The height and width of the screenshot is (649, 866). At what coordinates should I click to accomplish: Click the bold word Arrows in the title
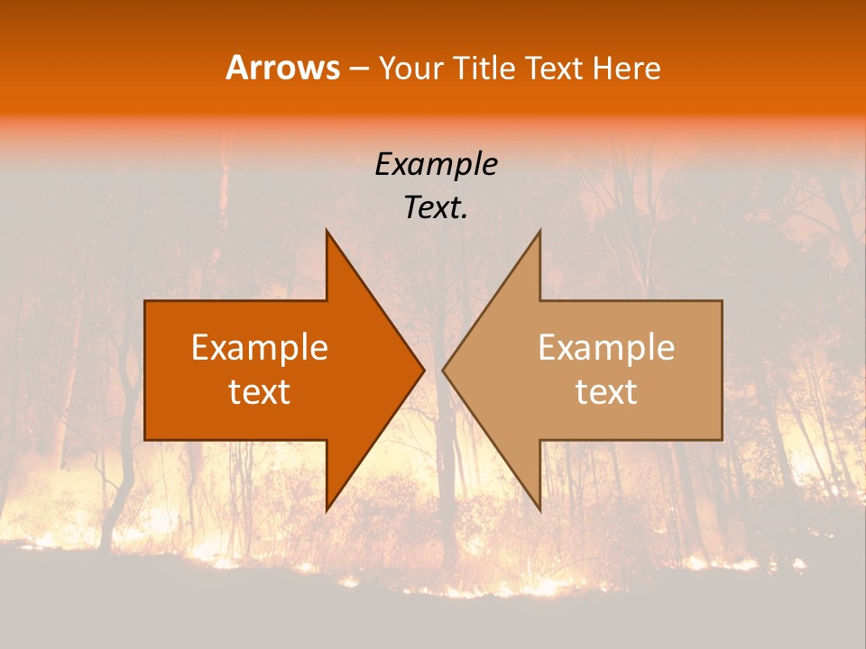tap(282, 68)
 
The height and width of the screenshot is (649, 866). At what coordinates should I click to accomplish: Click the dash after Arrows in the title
tap(358, 69)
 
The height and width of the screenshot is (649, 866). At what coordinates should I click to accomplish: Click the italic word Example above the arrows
tap(437, 165)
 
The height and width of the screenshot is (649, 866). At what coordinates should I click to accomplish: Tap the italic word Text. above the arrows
tap(437, 208)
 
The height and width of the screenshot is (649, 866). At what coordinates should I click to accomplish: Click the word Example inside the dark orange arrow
tap(260, 348)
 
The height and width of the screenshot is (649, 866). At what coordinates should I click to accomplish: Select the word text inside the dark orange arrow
tap(260, 391)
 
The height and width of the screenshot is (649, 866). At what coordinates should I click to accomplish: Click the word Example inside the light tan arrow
tap(606, 348)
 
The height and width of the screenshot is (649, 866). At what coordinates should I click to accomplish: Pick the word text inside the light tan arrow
tap(606, 391)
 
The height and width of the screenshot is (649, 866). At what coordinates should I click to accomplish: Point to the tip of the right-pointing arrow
tap(424, 370)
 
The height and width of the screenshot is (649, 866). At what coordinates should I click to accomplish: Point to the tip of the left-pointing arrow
tap(442, 370)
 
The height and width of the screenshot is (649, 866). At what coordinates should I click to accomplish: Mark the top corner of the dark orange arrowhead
tap(327, 231)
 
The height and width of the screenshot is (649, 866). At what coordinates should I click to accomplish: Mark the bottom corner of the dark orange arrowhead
tap(327, 510)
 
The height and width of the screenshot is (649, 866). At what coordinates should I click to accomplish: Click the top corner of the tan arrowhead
tap(539, 231)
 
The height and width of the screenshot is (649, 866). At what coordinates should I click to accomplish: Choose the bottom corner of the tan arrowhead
tap(539, 510)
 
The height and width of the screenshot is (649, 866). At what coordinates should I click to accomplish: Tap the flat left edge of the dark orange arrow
tap(145, 370)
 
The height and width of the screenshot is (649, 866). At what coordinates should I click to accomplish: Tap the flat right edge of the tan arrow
tap(722, 370)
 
